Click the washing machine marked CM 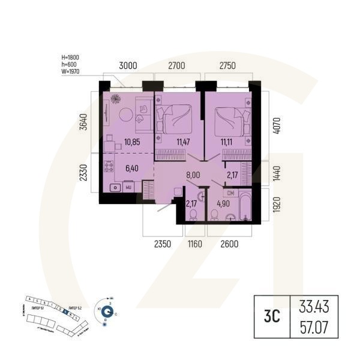[x=231, y=193]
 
